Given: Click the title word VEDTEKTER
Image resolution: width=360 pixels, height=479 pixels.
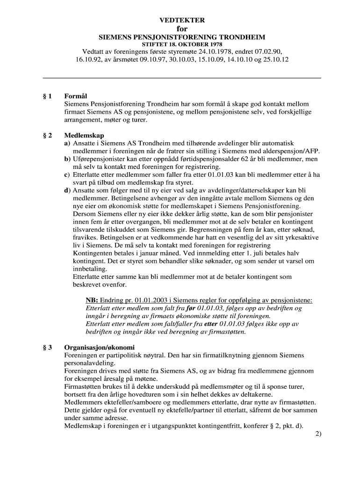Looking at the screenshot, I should [x=182, y=21].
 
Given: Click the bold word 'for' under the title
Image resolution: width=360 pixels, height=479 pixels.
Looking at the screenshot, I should [x=182, y=29].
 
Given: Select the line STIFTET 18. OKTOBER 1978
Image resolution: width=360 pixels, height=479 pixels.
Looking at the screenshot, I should [x=182, y=44].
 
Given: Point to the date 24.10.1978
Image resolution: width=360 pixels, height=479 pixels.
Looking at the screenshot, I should [x=217, y=51].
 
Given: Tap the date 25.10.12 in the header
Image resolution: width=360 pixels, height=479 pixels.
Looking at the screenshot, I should [x=275, y=59].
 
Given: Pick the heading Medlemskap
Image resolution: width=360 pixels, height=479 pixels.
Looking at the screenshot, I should [x=84, y=135].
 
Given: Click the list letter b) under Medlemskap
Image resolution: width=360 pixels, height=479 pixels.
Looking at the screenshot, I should [x=67, y=159].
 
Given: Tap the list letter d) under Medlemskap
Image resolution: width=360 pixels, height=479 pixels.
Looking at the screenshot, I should [x=67, y=191].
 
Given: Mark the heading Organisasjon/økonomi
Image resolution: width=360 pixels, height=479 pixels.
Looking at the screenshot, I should [x=99, y=348].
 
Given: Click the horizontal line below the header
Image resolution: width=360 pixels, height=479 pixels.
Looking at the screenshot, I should [x=182, y=78].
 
